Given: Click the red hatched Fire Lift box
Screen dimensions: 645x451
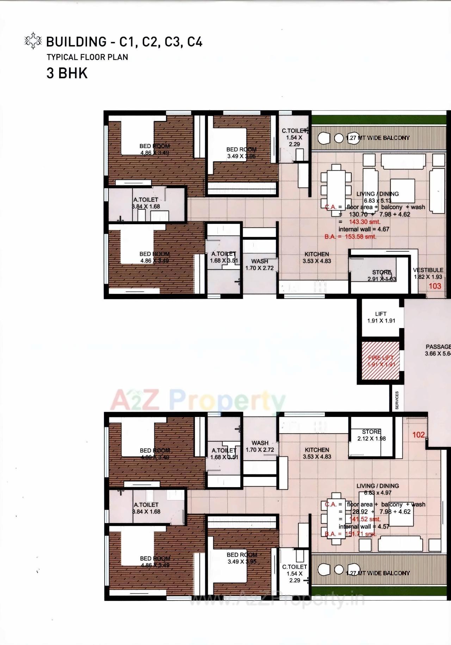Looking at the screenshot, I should pos(380,361).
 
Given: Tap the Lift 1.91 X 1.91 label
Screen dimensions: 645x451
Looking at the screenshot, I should pos(381,317).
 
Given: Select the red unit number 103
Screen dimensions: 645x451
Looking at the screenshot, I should pos(435,286).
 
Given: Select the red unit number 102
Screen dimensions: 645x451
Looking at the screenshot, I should pos(419,435).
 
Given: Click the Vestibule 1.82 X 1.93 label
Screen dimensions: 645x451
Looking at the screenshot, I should pos(428,274).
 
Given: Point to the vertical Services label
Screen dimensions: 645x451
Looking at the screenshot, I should pos(397,400).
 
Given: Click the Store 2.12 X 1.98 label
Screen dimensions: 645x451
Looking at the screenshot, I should pos(371,435).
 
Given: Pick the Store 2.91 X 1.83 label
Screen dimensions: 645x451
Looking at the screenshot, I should pos(382,276).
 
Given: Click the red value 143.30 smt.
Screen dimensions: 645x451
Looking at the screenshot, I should pos(365,222).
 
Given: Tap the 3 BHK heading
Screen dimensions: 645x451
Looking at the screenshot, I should pos(67,73).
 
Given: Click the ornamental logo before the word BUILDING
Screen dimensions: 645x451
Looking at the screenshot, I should pos(33,41).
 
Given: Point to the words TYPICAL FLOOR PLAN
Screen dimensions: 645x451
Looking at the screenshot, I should pos(87,57).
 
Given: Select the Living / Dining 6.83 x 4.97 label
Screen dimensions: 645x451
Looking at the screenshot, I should pos(378,489).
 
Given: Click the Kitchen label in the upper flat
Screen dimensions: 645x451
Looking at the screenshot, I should pos(317,258).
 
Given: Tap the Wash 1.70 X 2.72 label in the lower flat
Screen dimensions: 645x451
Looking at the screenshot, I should pos(260,446).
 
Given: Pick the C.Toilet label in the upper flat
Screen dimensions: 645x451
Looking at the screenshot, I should pos(294,137).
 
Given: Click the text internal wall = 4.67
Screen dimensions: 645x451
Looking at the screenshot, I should pos(364,229).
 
